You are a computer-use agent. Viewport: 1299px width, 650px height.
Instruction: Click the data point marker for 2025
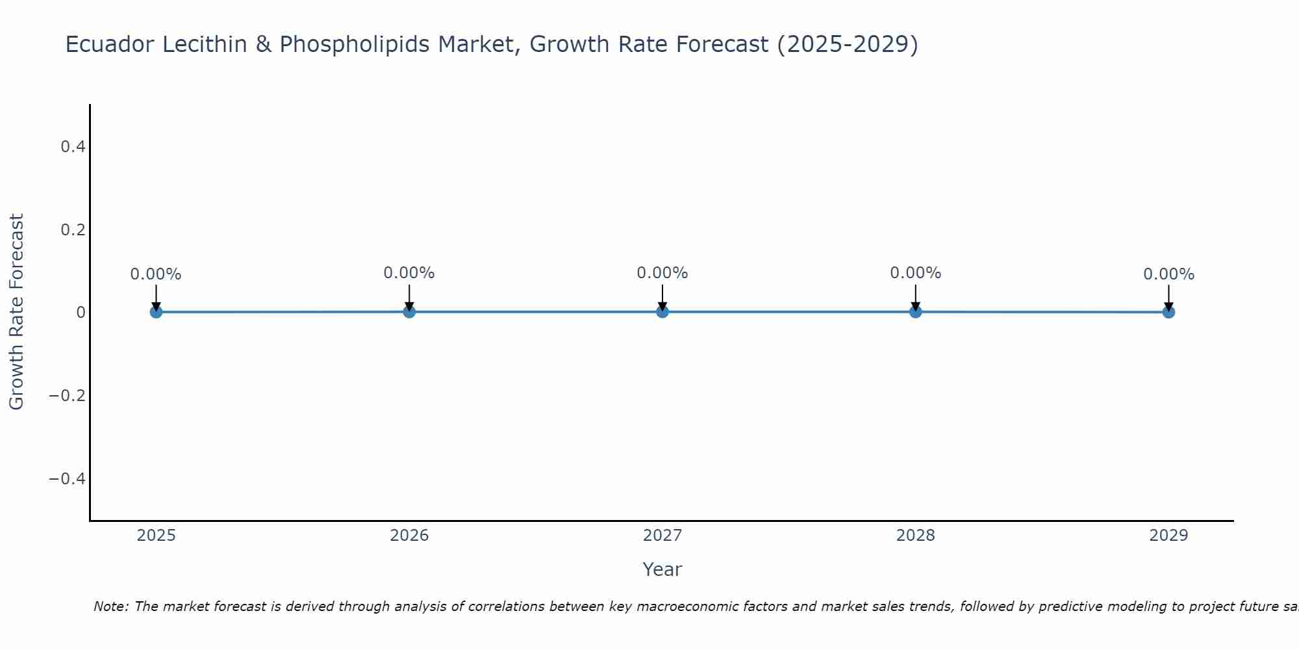click(156, 312)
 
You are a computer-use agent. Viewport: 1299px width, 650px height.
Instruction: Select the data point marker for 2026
click(409, 311)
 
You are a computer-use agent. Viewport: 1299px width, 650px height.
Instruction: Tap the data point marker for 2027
click(662, 311)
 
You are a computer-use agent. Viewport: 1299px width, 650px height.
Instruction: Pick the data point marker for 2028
click(916, 311)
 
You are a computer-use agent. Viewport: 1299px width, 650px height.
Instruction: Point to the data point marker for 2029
click(1168, 312)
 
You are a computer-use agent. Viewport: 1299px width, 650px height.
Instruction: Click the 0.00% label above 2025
click(156, 274)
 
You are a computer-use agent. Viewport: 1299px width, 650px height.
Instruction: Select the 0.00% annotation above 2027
click(662, 273)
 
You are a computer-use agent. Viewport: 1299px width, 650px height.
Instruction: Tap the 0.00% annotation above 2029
click(1168, 274)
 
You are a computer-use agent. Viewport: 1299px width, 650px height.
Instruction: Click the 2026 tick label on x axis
click(409, 536)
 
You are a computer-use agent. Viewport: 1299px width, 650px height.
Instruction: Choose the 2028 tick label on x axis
click(916, 536)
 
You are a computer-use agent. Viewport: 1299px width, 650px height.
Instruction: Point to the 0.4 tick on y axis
click(73, 147)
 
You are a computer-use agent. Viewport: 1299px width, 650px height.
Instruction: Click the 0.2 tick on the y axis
click(73, 230)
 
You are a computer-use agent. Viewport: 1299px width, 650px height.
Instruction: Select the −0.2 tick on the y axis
click(68, 396)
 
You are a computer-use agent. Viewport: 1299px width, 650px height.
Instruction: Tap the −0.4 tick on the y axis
click(68, 479)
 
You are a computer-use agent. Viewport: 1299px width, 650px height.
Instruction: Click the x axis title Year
click(662, 570)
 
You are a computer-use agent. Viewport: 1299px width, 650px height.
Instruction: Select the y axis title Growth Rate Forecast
click(16, 312)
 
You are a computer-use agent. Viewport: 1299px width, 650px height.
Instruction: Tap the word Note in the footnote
click(110, 607)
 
